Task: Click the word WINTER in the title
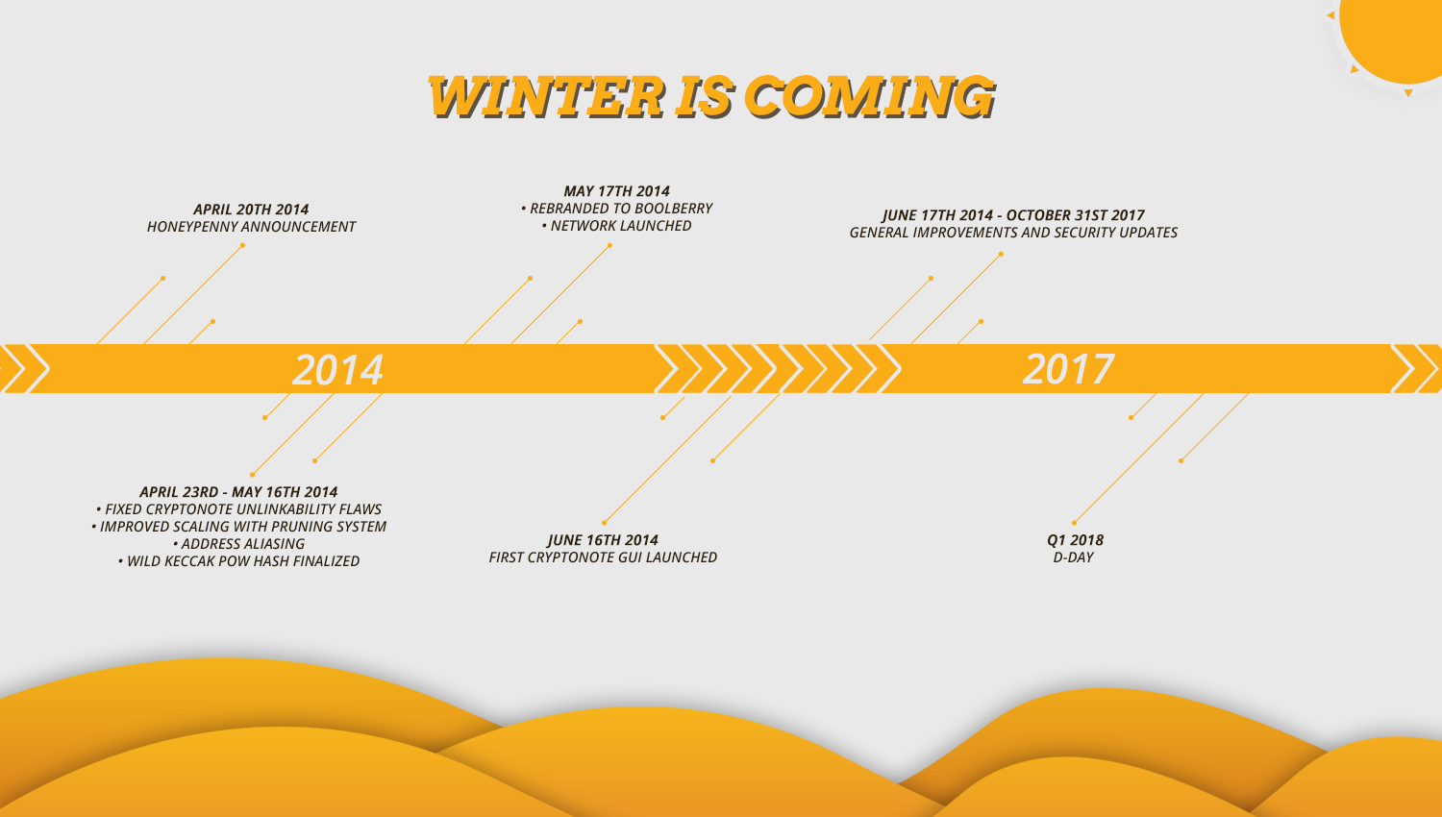point(546,96)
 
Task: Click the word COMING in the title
point(869,96)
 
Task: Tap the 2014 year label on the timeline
point(338,369)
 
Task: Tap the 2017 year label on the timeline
point(1069,369)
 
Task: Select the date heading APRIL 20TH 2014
point(251,210)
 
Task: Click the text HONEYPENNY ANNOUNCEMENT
point(251,227)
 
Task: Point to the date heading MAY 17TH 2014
point(617,191)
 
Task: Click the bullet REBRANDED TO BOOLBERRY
point(617,209)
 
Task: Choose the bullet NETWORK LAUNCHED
point(617,226)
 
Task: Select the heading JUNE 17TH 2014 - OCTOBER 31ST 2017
point(1013,215)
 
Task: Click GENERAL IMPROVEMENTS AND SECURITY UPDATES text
point(1013,233)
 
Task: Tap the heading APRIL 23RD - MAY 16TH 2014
point(238,492)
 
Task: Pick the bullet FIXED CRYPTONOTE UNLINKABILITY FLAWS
point(238,509)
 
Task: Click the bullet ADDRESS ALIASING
point(238,544)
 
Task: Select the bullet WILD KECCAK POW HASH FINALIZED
point(238,561)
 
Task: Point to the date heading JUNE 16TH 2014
point(603,540)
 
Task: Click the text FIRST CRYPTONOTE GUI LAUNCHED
point(603,557)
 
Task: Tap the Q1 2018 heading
point(1075,540)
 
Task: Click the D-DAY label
point(1074,557)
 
